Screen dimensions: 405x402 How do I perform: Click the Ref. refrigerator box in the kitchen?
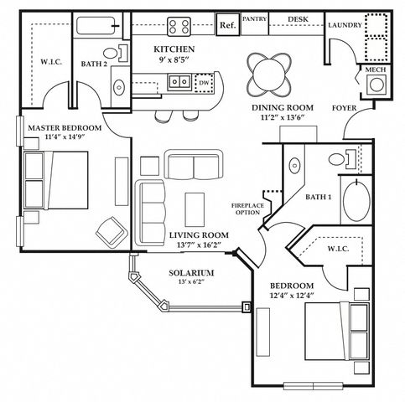(228, 24)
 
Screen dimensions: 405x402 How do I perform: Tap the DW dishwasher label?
(204, 83)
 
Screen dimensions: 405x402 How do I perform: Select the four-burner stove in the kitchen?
(179, 26)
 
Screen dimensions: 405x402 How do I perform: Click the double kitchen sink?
(179, 82)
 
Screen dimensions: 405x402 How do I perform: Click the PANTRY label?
(254, 19)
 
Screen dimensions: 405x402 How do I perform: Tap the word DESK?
(298, 19)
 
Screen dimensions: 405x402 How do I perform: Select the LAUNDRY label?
(345, 25)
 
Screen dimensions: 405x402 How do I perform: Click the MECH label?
(376, 70)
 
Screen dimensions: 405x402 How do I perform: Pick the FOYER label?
(344, 108)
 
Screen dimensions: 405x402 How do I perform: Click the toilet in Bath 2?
(116, 53)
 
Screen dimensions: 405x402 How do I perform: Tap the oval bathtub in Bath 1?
(356, 200)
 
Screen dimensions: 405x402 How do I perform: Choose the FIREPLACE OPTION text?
(247, 209)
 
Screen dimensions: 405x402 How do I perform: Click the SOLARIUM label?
(191, 273)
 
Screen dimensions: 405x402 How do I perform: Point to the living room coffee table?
(195, 209)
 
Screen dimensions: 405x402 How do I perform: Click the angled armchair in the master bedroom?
(112, 232)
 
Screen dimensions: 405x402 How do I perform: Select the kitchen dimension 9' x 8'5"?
(174, 59)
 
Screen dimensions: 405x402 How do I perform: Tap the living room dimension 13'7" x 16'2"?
(199, 245)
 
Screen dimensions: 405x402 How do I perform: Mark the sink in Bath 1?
(294, 166)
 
